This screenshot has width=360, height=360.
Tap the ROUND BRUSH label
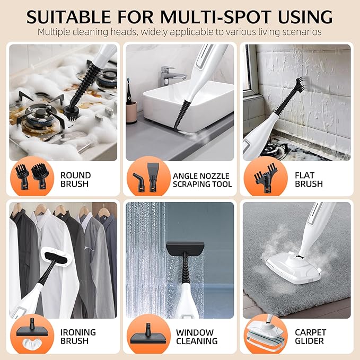(x=75, y=179)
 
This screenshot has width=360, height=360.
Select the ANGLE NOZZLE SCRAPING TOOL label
(x=202, y=180)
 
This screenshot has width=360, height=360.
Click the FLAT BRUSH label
(x=309, y=179)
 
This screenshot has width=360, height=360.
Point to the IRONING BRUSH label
(x=78, y=337)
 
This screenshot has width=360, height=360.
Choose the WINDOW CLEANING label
(x=195, y=337)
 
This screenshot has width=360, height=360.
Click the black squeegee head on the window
(x=185, y=248)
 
